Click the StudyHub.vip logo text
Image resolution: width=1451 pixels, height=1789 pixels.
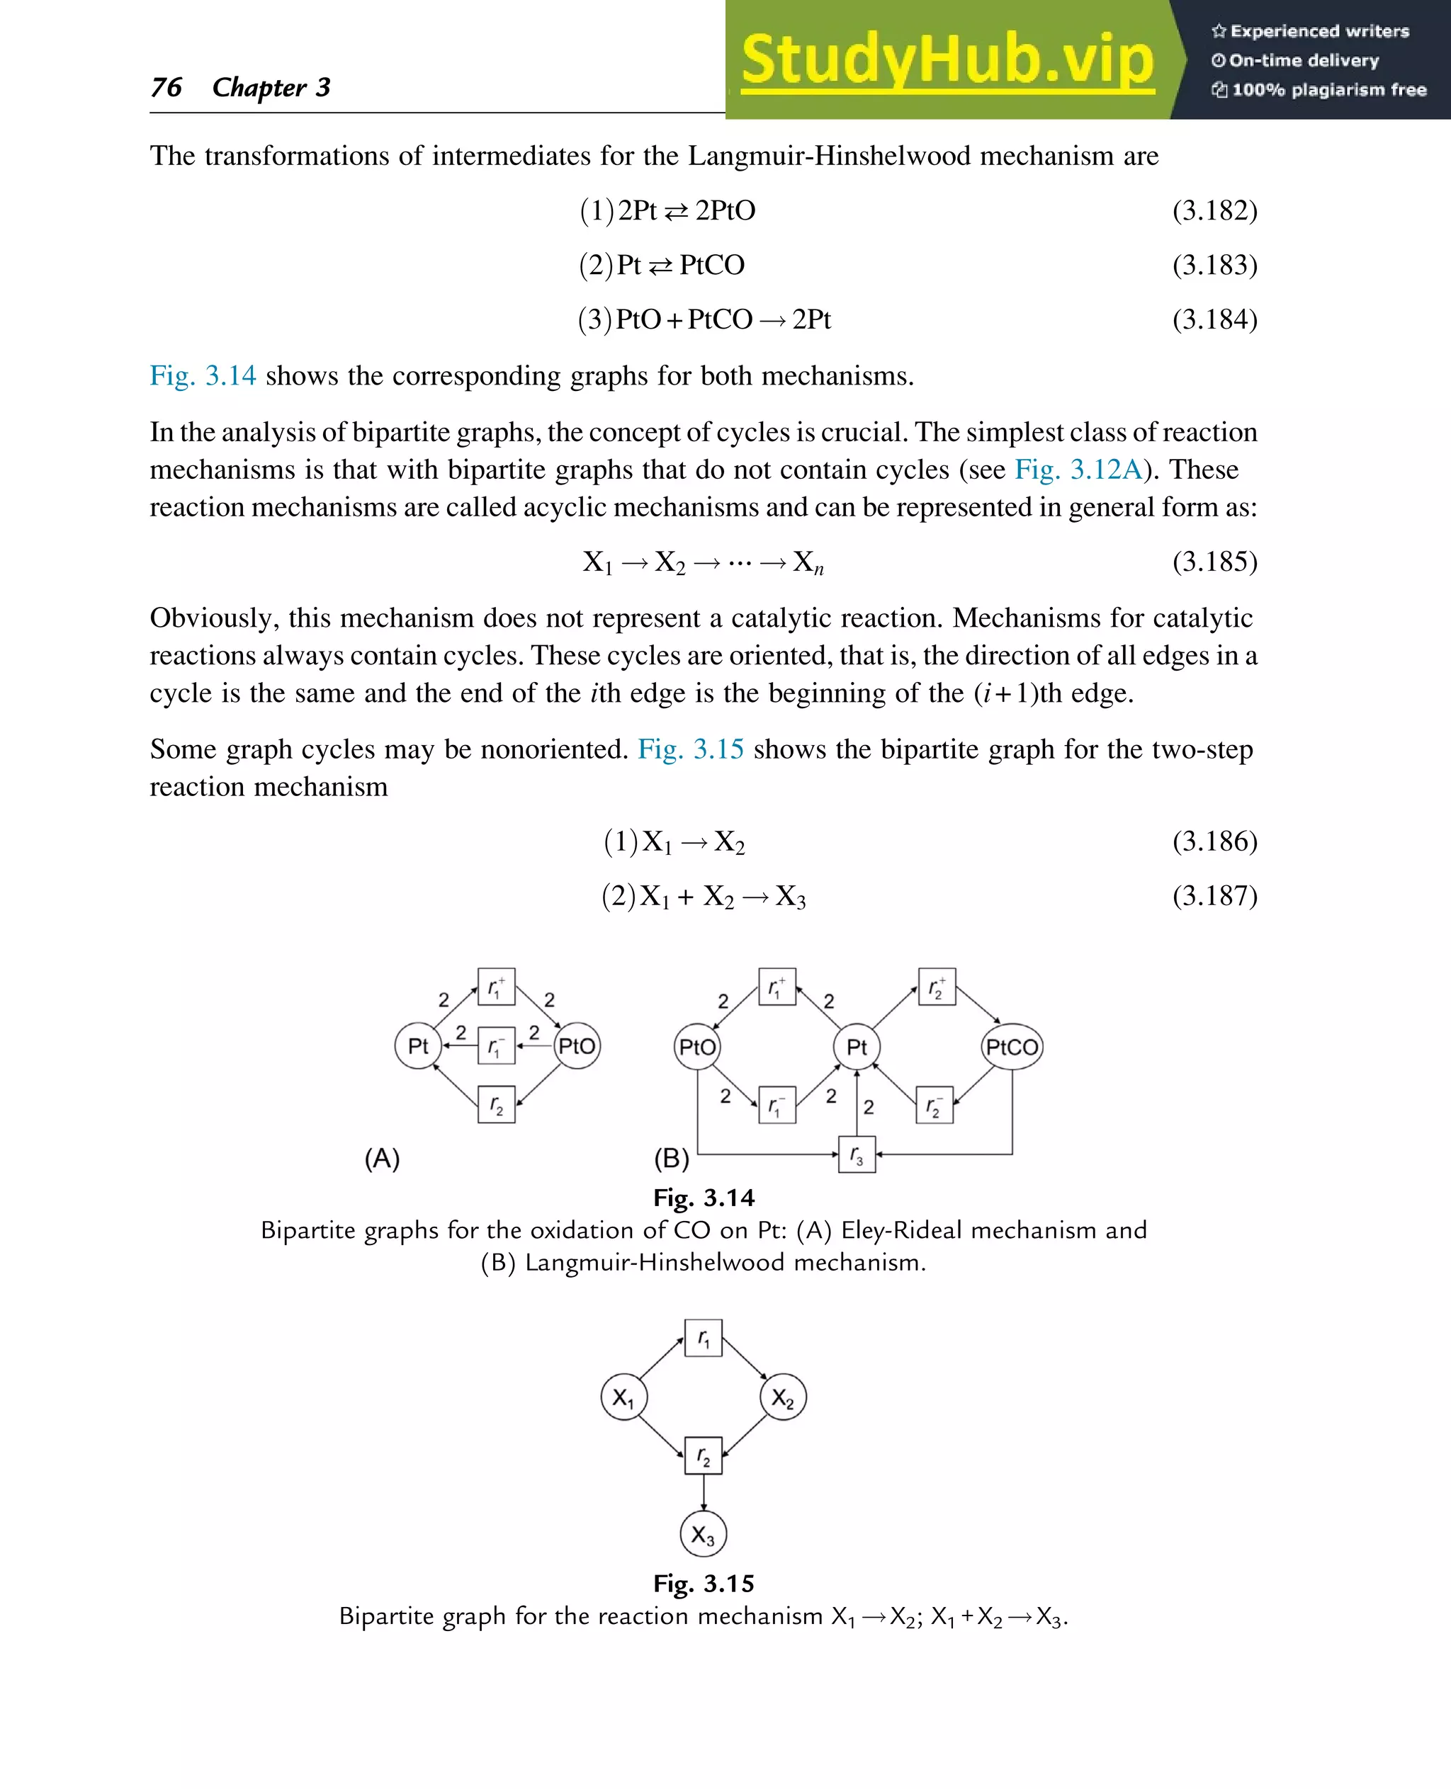pyautogui.click(x=947, y=60)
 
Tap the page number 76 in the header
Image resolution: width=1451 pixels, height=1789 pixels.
pyautogui.click(x=166, y=87)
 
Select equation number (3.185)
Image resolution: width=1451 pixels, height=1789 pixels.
pyautogui.click(x=1214, y=562)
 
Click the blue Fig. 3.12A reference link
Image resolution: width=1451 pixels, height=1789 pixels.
pyautogui.click(x=1078, y=470)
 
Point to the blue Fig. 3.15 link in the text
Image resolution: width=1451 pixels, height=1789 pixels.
pyautogui.click(x=689, y=749)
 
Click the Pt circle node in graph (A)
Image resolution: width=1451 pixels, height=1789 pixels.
pyautogui.click(x=418, y=1046)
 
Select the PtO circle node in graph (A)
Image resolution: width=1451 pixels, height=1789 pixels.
pyautogui.click(x=577, y=1046)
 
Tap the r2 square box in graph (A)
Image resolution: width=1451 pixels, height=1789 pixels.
pyautogui.click(x=497, y=1105)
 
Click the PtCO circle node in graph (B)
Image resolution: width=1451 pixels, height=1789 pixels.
pyautogui.click(x=1011, y=1047)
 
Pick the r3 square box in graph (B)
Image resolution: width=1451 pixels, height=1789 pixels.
pyautogui.click(x=857, y=1155)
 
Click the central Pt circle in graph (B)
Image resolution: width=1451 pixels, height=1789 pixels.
pyautogui.click(x=857, y=1047)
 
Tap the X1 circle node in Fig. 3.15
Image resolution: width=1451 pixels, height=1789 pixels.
pyautogui.click(x=623, y=1397)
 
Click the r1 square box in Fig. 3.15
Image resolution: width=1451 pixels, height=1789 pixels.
pyautogui.click(x=703, y=1339)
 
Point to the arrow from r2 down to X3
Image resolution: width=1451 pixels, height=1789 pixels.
pyautogui.click(x=703, y=1492)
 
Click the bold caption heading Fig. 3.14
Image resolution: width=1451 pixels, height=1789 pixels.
pyautogui.click(x=704, y=1198)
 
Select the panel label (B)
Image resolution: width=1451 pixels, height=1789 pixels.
pyautogui.click(x=671, y=1158)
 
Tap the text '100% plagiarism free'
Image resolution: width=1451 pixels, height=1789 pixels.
pyautogui.click(x=1328, y=90)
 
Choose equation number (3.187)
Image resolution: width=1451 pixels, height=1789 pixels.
pyautogui.click(x=1214, y=896)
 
